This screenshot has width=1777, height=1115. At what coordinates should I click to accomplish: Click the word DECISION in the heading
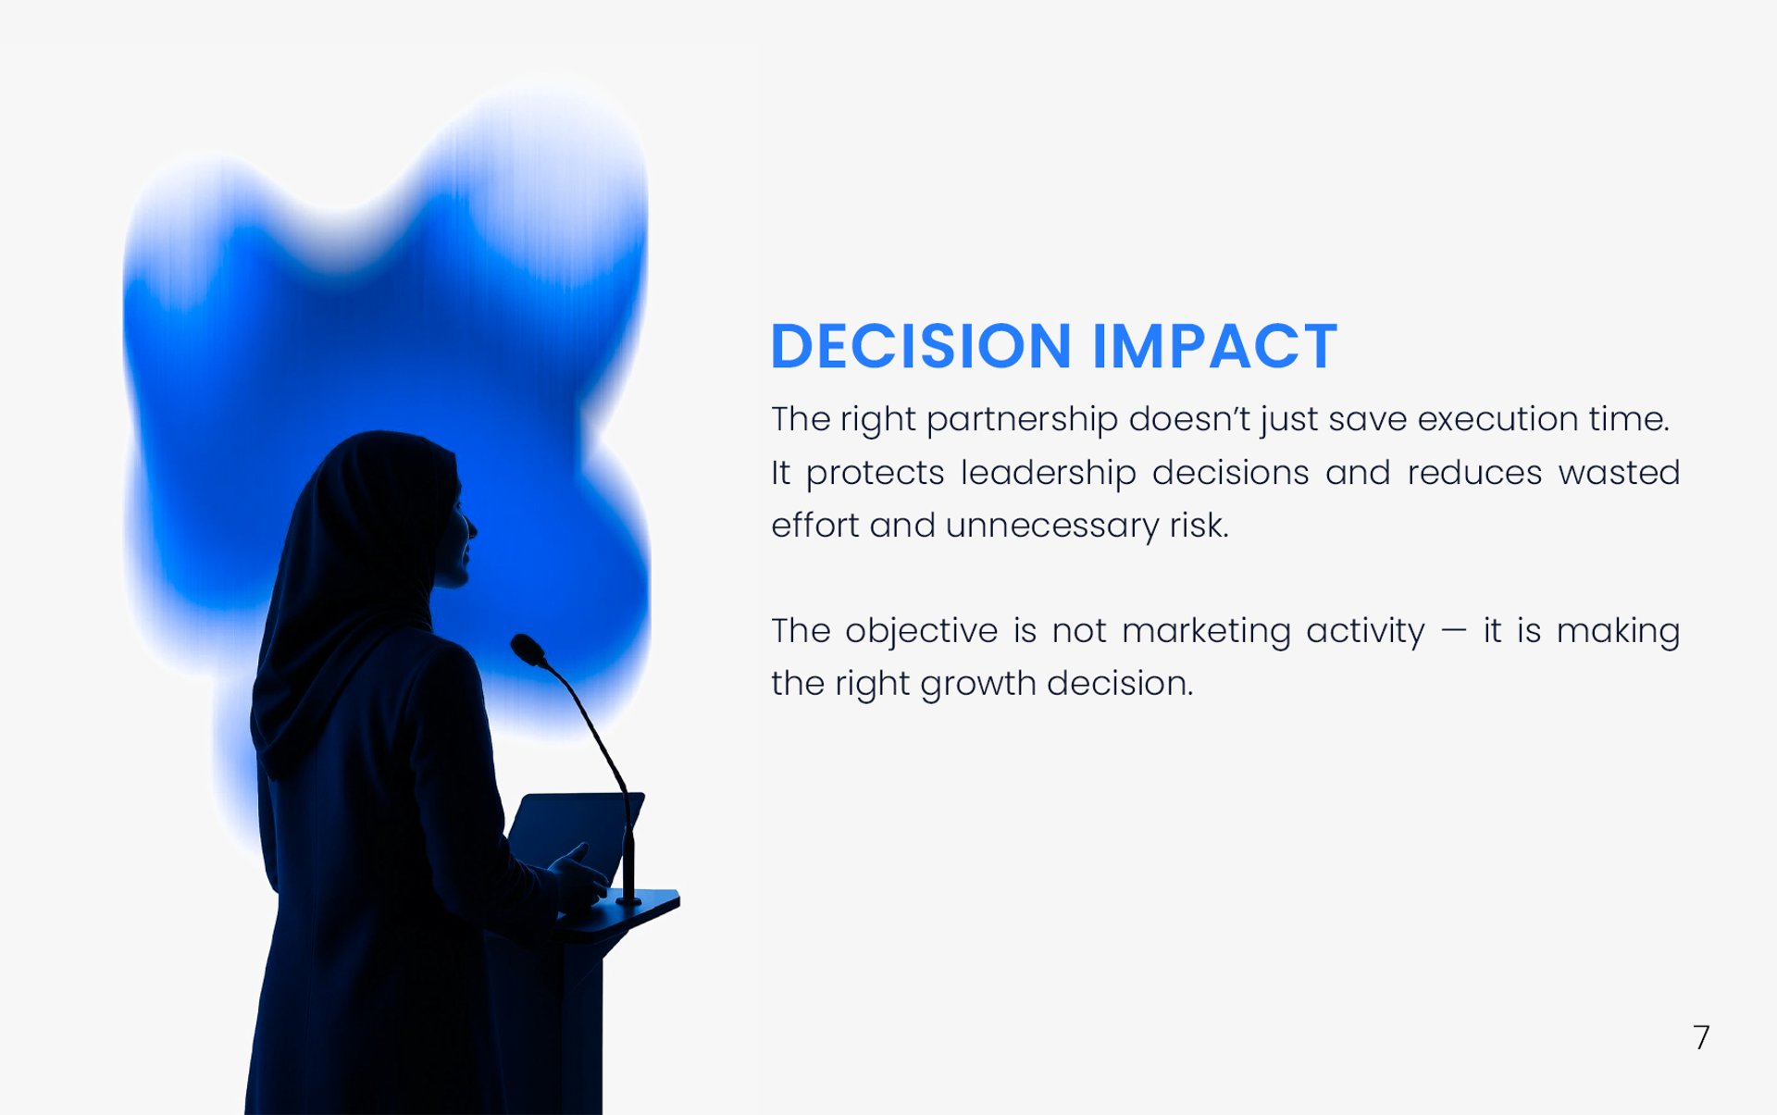tap(921, 346)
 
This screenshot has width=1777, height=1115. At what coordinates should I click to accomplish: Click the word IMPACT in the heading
tap(1214, 346)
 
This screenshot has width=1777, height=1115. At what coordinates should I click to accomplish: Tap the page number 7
tap(1701, 1037)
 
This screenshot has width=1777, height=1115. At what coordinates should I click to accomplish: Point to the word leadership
tap(1048, 473)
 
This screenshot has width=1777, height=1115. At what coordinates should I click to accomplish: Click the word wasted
tap(1619, 473)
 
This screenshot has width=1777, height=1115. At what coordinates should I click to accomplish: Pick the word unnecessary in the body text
tap(1051, 527)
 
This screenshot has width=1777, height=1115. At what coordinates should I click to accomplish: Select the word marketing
tap(1206, 632)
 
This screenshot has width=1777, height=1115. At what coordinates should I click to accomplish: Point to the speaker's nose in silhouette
tap(471, 528)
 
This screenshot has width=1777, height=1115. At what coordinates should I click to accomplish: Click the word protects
tap(875, 474)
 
